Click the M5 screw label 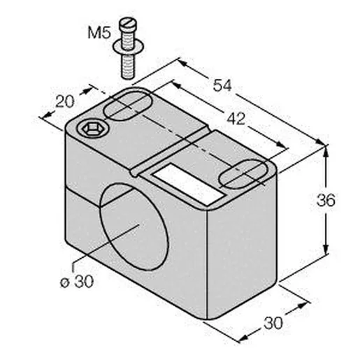coord(99,32)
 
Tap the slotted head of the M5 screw coord(128,24)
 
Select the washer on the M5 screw coord(128,47)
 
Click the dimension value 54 coord(222,85)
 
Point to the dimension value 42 coord(236,119)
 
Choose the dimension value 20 coord(65,101)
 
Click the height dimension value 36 coord(326,200)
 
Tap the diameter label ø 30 coord(77,282)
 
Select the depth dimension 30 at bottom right coord(273,323)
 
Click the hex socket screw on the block coord(93,129)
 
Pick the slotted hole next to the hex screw coord(127,106)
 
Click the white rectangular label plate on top coord(188,184)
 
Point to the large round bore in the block coord(134,226)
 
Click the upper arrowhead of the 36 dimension coord(326,152)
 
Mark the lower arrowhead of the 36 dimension coord(326,249)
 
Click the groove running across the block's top coord(170,151)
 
